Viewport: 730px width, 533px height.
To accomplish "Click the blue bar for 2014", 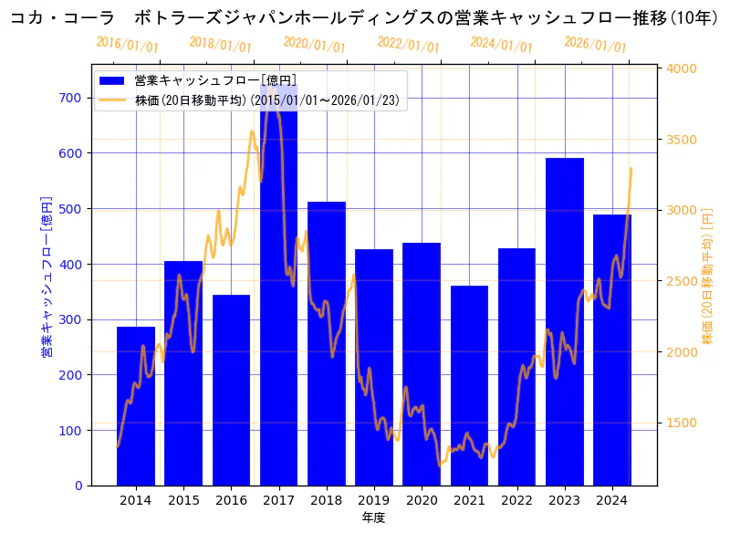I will (x=136, y=406).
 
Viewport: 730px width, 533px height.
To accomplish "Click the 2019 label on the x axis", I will (x=374, y=500).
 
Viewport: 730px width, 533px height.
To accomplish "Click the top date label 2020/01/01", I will (x=314, y=46).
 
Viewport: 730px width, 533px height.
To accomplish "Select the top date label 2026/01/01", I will (x=595, y=46).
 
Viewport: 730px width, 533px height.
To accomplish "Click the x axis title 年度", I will (x=373, y=517).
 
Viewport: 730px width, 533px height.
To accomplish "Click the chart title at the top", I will (x=365, y=17).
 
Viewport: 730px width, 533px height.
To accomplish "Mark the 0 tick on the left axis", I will (x=78, y=486).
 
